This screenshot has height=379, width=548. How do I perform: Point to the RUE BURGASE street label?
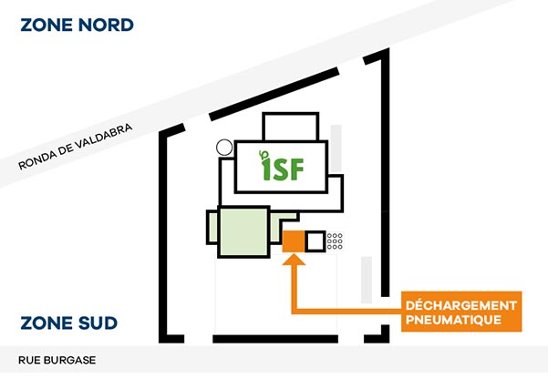click(57, 360)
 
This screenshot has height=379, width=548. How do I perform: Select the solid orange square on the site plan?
click(293, 241)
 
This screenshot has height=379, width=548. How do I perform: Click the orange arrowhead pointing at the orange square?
click(293, 261)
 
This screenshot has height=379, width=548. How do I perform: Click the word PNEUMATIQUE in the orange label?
click(454, 320)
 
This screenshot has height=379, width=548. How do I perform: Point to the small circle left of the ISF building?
click(222, 147)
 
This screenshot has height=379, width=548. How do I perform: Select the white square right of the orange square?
click(315, 241)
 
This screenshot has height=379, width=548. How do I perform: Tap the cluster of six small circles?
click(335, 241)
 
